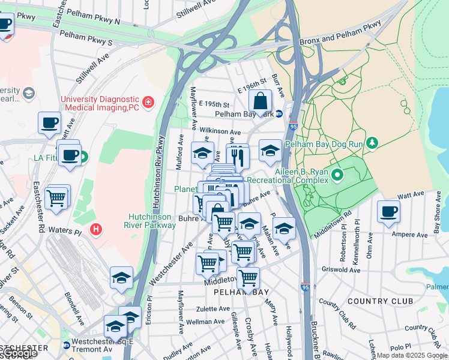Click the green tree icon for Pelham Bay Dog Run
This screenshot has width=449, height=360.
tap(373, 142)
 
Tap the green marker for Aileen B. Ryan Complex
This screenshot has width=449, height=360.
tap(337, 175)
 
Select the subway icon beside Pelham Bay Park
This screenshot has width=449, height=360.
tap(279, 114)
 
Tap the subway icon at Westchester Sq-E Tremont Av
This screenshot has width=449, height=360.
tap(66, 346)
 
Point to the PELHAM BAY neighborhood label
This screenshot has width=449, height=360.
tap(238, 291)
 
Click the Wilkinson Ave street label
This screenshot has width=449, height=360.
tap(220, 130)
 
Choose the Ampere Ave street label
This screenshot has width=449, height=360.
tap(406, 234)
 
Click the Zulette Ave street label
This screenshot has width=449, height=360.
tap(213, 309)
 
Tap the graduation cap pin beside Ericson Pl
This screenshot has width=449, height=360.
tap(122, 278)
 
